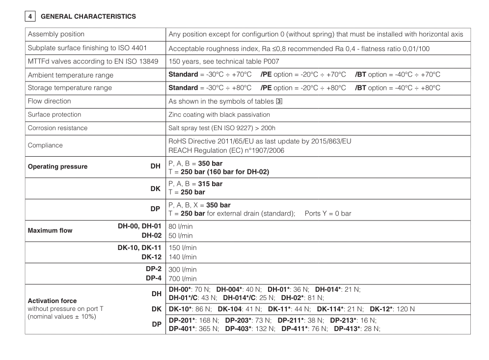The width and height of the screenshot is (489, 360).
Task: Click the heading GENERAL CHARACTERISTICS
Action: pyautogui.click(x=88, y=16)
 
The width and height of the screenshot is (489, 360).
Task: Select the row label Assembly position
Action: pyautogui.click(x=56, y=34)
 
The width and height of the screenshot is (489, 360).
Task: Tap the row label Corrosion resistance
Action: pyautogui.click(x=57, y=128)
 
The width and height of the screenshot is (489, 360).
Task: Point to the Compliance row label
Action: pyautogui.click(x=45, y=145)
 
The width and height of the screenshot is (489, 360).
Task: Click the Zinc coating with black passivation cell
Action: pyautogui.click(x=219, y=114)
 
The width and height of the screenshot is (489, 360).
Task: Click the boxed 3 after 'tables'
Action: pyautogui.click(x=281, y=101)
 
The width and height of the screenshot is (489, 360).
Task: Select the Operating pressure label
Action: pyautogui.click(x=57, y=166)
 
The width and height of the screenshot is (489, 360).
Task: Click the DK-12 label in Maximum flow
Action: pyautogui.click(x=151, y=257)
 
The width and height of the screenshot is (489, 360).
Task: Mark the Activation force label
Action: pyautogui.click(x=53, y=301)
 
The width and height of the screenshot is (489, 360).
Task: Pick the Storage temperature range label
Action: pyautogui.click(x=70, y=88)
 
